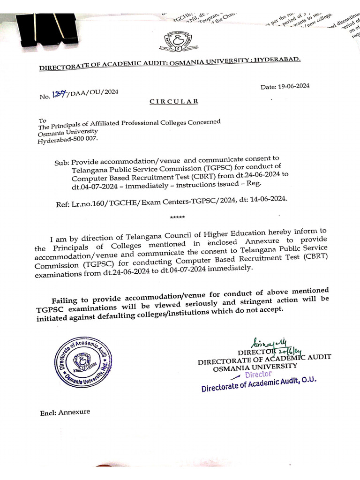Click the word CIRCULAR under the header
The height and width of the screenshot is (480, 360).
click(x=174, y=101)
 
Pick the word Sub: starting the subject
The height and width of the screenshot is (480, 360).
click(x=61, y=163)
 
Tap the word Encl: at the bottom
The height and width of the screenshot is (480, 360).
click(x=48, y=413)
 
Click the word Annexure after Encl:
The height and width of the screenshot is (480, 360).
click(x=74, y=412)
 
